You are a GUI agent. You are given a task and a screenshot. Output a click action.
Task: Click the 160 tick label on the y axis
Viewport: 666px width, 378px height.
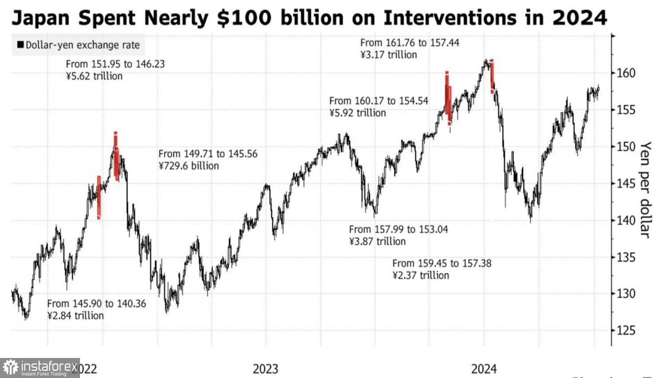[626, 73]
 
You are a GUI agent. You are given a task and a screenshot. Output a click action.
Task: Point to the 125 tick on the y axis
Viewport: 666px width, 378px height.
[626, 330]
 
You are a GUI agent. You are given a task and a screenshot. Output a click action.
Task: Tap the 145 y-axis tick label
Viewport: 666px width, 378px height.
[626, 183]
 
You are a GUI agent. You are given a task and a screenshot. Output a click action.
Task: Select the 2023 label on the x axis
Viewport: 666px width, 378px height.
[266, 369]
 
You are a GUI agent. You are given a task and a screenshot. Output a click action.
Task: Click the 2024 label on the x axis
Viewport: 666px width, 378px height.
[484, 369]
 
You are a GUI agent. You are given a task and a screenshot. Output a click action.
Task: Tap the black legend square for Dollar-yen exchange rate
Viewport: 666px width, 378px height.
[20, 45]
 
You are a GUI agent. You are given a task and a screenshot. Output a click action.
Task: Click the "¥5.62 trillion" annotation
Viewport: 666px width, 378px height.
[94, 76]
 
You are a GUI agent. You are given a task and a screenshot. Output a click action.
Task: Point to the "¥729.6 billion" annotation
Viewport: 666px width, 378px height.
[189, 166]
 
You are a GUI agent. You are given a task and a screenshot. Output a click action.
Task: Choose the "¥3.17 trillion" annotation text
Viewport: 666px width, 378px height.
[388, 55]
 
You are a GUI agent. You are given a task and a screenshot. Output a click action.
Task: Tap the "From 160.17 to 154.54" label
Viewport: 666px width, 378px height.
[379, 101]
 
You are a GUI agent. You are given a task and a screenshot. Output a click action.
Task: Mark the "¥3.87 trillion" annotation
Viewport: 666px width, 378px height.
[377, 241]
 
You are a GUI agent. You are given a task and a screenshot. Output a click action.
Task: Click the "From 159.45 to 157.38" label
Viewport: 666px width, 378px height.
[442, 263]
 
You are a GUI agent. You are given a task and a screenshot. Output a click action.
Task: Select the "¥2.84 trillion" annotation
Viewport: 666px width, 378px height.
[75, 316]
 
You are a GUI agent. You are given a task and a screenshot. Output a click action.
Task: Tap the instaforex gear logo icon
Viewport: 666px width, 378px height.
[11, 368]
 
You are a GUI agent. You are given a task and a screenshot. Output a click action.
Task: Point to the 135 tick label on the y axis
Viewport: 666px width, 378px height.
[626, 257]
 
